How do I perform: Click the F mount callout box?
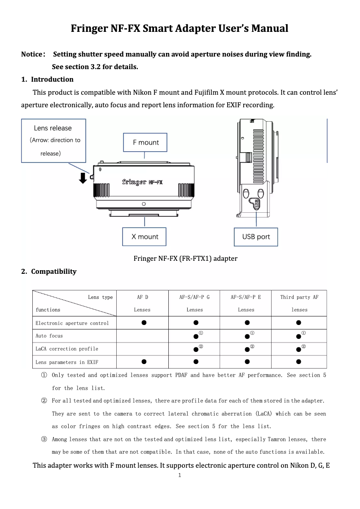pos(145,142)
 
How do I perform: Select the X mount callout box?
pos(145,237)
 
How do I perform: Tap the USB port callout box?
pos(256,237)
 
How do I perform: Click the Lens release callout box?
pos(53,140)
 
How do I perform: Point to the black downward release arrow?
pos(83,178)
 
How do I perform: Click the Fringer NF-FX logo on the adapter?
pos(143,182)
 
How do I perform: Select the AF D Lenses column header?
pos(142,303)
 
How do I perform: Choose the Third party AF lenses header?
pos(299,303)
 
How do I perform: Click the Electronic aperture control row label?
pos(72,323)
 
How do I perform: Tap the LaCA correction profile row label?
pos(67,349)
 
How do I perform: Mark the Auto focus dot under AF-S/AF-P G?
pos(196,336)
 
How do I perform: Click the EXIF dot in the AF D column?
pos(143,361)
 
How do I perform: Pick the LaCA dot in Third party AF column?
pos(299,349)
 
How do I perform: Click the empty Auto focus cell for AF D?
pos(142,336)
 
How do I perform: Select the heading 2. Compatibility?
pos(49,272)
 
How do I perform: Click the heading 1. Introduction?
pos(48,79)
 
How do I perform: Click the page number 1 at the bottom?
pos(180,475)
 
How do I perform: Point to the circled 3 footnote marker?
pos(44,439)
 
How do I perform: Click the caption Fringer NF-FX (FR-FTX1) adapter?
pos(185,259)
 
